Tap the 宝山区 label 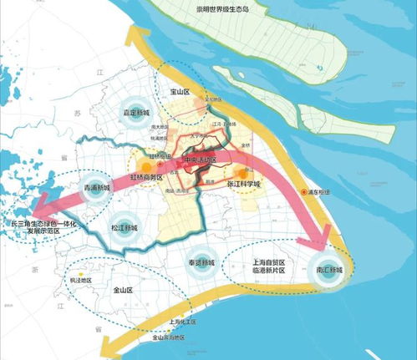click(193, 82)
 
